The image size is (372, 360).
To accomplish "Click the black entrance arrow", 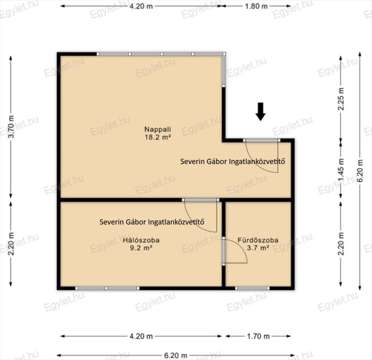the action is [x=260, y=112].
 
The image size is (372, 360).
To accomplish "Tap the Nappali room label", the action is [x=158, y=129].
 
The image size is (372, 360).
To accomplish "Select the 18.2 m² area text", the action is [x=158, y=137].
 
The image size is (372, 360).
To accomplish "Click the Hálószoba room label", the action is [x=141, y=240].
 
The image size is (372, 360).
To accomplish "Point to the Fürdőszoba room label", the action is [x=258, y=240].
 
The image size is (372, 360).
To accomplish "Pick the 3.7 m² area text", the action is [x=258, y=248].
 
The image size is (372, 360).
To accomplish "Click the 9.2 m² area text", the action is [x=141, y=248].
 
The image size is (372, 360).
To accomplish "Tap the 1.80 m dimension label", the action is [x=256, y=6].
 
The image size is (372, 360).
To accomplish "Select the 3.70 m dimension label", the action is [x=11, y=127].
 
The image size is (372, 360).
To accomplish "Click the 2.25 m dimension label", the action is [x=341, y=99].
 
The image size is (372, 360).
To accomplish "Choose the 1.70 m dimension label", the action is [x=258, y=336].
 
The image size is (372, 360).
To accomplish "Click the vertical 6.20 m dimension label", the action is [x=360, y=171].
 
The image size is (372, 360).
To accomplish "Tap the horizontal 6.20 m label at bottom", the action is [x=176, y=355].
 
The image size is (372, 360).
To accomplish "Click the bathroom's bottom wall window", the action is [x=253, y=288].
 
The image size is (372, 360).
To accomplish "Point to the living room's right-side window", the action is [x=224, y=69].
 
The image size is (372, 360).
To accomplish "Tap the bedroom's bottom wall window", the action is [x=107, y=288].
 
